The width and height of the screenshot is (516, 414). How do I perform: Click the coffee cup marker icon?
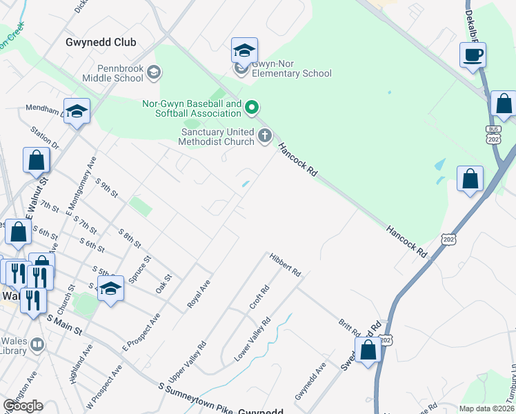click(x=473, y=55)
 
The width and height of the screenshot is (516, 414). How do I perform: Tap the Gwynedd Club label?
click(x=101, y=42)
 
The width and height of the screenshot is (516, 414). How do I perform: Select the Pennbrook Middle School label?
click(x=110, y=72)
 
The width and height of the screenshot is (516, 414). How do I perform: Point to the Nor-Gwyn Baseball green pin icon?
click(x=252, y=107)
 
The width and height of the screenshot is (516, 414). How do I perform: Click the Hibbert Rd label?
click(x=286, y=264)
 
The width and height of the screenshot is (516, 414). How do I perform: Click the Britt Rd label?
click(x=350, y=327)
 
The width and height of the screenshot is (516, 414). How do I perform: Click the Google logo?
click(x=23, y=406)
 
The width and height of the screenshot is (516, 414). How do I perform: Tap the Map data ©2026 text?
click(x=486, y=408)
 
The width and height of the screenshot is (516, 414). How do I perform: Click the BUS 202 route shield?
click(x=493, y=135)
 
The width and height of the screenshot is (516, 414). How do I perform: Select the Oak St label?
click(x=163, y=284)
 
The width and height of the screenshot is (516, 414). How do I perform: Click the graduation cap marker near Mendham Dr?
click(x=77, y=112)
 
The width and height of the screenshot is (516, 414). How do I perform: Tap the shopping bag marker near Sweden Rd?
click(x=369, y=349)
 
